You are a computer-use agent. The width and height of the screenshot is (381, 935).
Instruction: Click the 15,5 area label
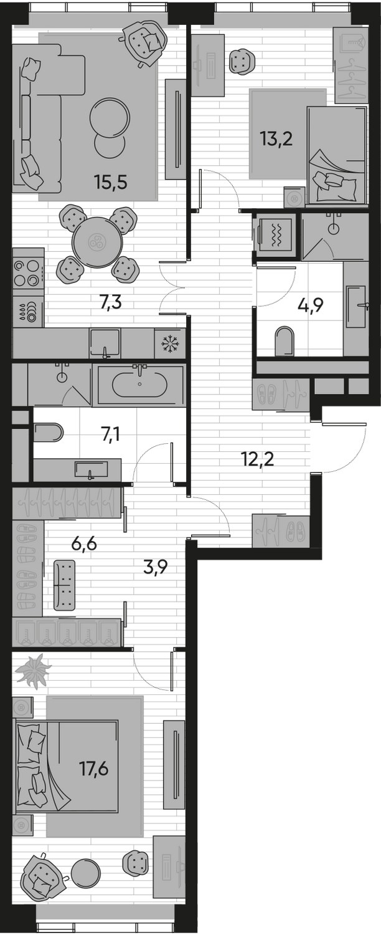pyautogui.click(x=110, y=183)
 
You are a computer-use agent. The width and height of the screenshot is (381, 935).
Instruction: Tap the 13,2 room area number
pyautogui.click(x=276, y=138)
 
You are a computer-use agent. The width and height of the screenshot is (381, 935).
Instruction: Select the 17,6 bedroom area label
pyautogui.click(x=94, y=768)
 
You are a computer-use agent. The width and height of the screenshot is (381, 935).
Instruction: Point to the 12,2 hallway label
pyautogui.click(x=258, y=459)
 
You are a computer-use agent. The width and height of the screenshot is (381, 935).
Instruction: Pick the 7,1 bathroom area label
pyautogui.click(x=110, y=434)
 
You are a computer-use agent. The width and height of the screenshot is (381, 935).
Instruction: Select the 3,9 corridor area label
pyautogui.click(x=154, y=567)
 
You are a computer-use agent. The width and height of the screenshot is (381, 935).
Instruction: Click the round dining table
pyautogui.click(x=97, y=242)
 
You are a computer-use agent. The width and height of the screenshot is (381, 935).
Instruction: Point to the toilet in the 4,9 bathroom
pyautogui.click(x=285, y=340)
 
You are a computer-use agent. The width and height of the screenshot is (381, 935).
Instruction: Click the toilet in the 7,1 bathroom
pyautogui.click(x=48, y=433)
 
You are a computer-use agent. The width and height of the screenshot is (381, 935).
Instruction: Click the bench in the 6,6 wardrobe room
pyautogui.click(x=64, y=583)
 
